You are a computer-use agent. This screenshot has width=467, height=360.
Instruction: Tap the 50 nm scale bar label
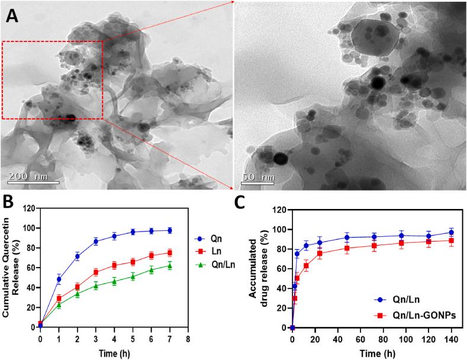[259, 176]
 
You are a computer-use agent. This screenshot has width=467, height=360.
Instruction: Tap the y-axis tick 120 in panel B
[30, 208]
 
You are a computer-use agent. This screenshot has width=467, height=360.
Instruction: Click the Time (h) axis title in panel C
[372, 353]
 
